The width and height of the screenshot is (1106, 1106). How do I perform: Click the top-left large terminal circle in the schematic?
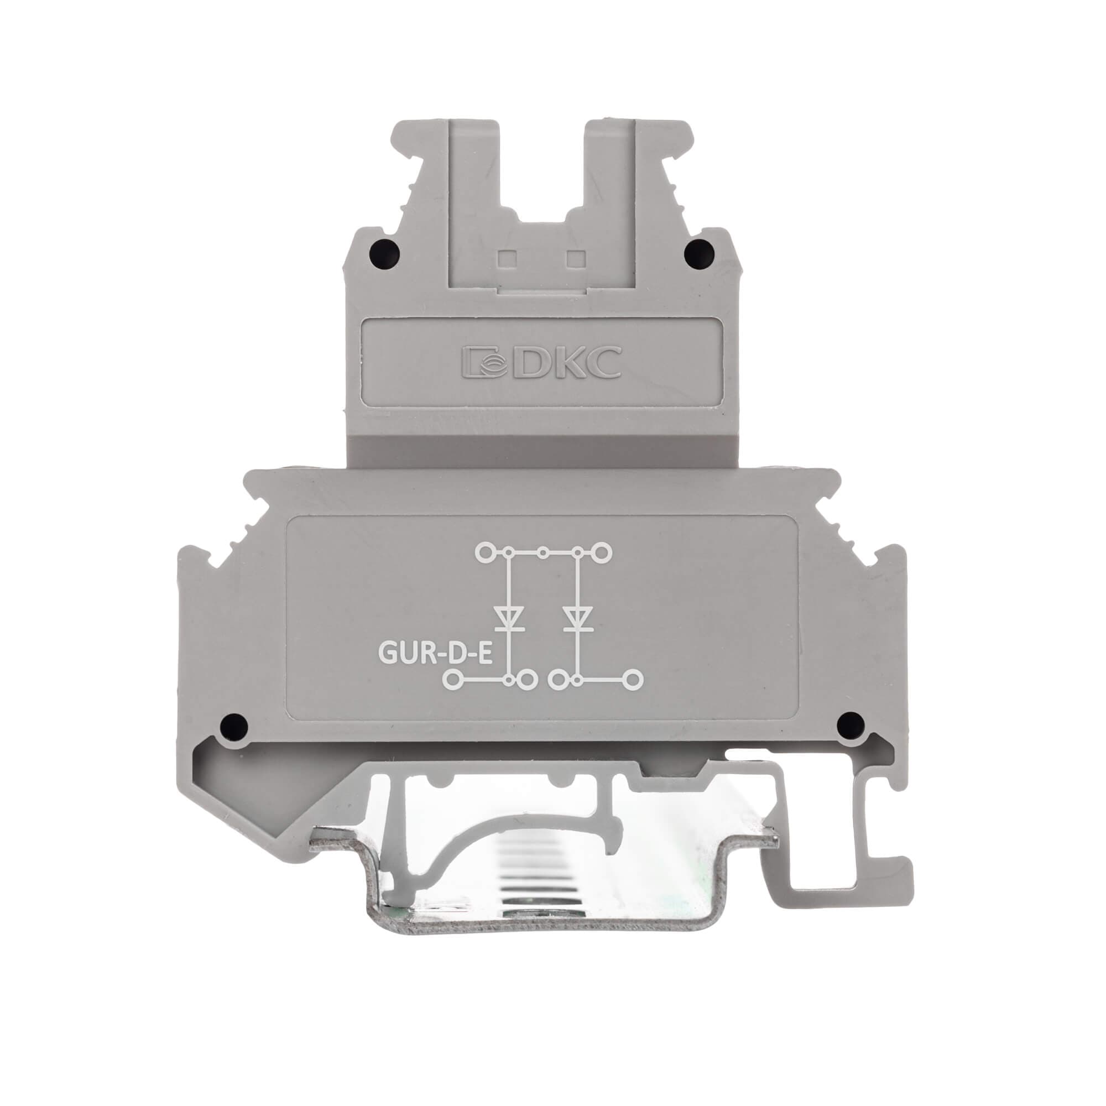tap(486, 552)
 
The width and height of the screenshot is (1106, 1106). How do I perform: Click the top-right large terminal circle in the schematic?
tap(603, 552)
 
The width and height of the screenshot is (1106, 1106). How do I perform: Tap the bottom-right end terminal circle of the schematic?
tap(633, 680)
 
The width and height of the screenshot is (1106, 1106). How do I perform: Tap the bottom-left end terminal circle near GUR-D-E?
tap(453, 680)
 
